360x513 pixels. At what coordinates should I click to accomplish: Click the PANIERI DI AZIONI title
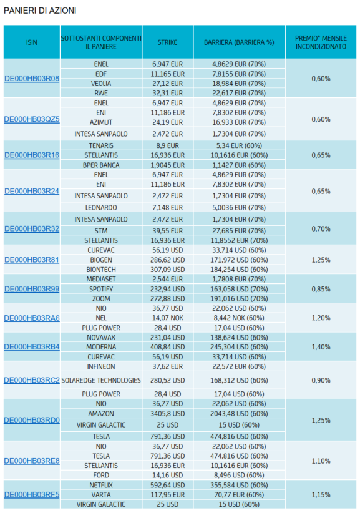(x=40, y=11)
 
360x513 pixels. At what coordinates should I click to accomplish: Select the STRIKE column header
(x=167, y=42)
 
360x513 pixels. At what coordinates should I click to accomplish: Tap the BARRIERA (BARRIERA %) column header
(x=239, y=42)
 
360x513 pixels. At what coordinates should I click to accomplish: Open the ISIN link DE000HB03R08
(x=32, y=79)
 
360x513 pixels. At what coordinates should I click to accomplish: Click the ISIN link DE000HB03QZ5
(x=32, y=119)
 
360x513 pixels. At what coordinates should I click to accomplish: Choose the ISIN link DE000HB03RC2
(x=32, y=380)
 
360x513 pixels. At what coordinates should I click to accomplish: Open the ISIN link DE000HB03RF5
(x=32, y=495)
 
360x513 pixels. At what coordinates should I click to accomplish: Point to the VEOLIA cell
(x=101, y=84)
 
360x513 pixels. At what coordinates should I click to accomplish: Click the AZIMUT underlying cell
(x=101, y=122)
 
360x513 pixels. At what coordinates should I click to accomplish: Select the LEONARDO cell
(x=101, y=207)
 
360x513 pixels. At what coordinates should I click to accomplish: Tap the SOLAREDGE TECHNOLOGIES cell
(x=101, y=380)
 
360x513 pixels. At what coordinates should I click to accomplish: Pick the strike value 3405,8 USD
(x=167, y=414)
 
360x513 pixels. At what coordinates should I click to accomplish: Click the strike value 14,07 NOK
(x=167, y=318)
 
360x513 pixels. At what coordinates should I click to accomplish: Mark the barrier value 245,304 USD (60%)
(x=239, y=347)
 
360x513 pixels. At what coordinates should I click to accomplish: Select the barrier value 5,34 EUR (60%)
(x=239, y=145)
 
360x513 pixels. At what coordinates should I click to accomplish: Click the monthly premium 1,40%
(x=321, y=347)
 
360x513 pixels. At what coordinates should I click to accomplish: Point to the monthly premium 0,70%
(x=321, y=228)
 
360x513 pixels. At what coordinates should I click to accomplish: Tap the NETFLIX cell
(x=101, y=485)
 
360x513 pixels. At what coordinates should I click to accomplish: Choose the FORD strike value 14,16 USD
(x=167, y=476)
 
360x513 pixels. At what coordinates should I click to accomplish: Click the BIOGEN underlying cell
(x=101, y=260)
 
